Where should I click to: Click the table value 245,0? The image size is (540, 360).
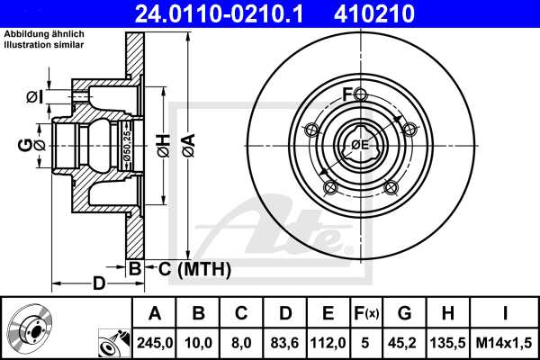pyautogui.click(x=155, y=342)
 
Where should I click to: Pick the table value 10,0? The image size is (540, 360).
pyautogui.click(x=198, y=342)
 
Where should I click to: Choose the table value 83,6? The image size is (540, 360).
pyautogui.click(x=284, y=342)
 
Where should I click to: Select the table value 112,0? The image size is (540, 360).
pyautogui.click(x=328, y=342)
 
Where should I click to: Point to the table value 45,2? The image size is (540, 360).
pyautogui.click(x=405, y=342)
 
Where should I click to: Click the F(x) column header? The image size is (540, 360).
pyautogui.click(x=366, y=313)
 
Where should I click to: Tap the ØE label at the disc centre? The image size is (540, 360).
pyautogui.click(x=359, y=144)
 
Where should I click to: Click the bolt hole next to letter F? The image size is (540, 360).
pyautogui.click(x=360, y=96)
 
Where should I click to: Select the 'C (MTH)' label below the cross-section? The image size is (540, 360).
pyautogui.click(x=194, y=268)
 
